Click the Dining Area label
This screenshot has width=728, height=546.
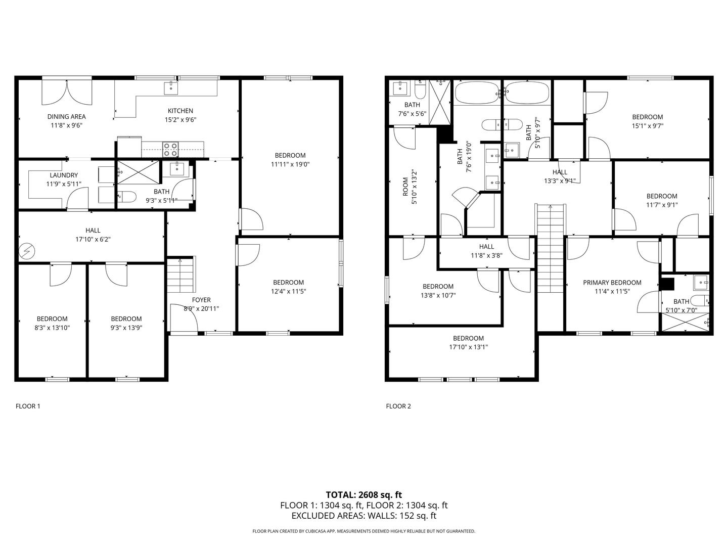coord(66,116)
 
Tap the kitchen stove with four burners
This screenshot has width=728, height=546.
coord(170,149)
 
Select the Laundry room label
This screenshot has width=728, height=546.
coord(64,175)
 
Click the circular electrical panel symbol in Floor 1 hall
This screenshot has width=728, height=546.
coord(26,251)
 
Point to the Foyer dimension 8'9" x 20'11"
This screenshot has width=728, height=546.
coord(201,308)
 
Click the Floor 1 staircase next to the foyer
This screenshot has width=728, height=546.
coord(180,275)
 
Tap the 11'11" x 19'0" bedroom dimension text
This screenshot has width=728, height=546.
coord(290,164)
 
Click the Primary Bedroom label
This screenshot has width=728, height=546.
coord(612,283)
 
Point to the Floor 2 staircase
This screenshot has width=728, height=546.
coord(550,249)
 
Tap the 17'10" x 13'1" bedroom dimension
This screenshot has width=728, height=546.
coord(468,347)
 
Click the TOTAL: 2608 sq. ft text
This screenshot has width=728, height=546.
coord(364,495)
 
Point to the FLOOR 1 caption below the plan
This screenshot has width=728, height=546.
coord(28,406)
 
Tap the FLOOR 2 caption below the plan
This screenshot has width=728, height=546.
coord(398,406)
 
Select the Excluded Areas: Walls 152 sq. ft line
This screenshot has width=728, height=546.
coord(364,516)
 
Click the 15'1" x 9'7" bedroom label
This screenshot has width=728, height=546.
coord(648,121)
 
